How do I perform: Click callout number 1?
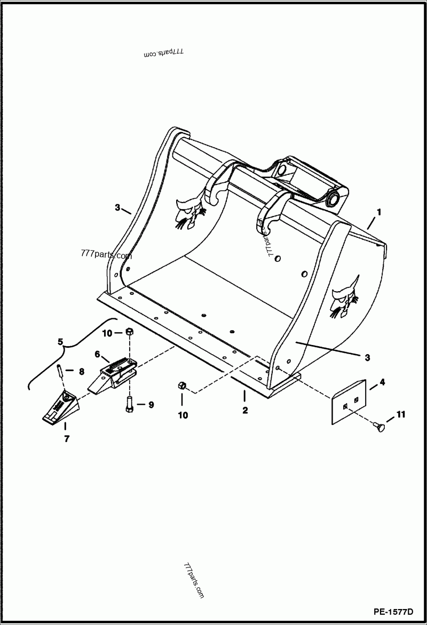pyautogui.click(x=378, y=212)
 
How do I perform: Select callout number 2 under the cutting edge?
pyautogui.click(x=244, y=410)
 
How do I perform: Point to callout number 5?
pyautogui.click(x=60, y=341)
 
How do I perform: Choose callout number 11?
pyautogui.click(x=401, y=414)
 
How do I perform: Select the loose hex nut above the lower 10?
pyautogui.click(x=182, y=386)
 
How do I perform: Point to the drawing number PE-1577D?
pyautogui.click(x=393, y=611)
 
